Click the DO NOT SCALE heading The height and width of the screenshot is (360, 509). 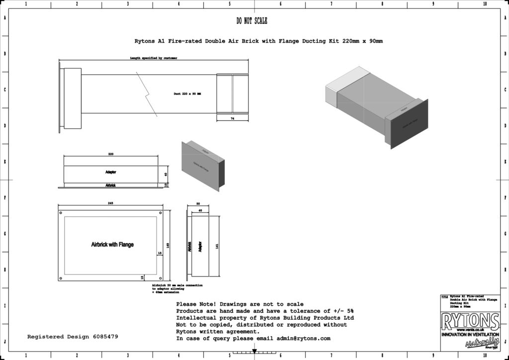pos(252,21)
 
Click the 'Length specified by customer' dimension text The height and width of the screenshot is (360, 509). pos(154,58)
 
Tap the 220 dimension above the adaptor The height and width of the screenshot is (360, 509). pos(111,154)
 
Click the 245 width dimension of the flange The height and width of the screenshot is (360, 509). pos(111,203)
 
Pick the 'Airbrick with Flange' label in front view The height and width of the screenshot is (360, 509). pos(112,245)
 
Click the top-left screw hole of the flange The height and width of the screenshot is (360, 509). pos(62,213)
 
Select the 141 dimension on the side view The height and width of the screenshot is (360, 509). pos(217,246)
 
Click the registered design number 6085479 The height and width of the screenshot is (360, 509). pos(105,337)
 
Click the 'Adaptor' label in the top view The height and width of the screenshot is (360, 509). pos(111,172)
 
